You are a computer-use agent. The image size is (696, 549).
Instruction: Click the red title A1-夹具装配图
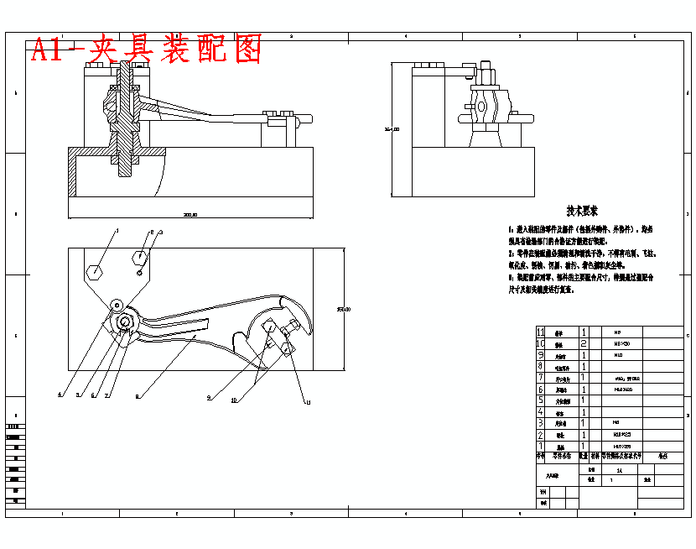point(147,49)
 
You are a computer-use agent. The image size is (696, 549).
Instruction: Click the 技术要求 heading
point(581,211)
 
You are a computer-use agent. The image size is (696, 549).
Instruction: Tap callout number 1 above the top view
point(117,229)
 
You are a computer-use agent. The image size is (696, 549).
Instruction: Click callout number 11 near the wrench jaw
point(308,404)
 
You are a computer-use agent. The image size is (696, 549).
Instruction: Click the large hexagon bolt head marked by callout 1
point(96,271)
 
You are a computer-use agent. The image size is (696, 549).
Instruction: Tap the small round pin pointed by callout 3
point(139,270)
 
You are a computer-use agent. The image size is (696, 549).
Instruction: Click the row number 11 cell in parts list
point(541,332)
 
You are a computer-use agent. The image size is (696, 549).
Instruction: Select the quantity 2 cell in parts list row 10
point(584,344)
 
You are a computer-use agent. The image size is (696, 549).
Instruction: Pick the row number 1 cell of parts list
point(541,446)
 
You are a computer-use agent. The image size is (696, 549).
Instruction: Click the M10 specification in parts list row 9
point(619,355)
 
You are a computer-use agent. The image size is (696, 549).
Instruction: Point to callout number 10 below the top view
point(234,400)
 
